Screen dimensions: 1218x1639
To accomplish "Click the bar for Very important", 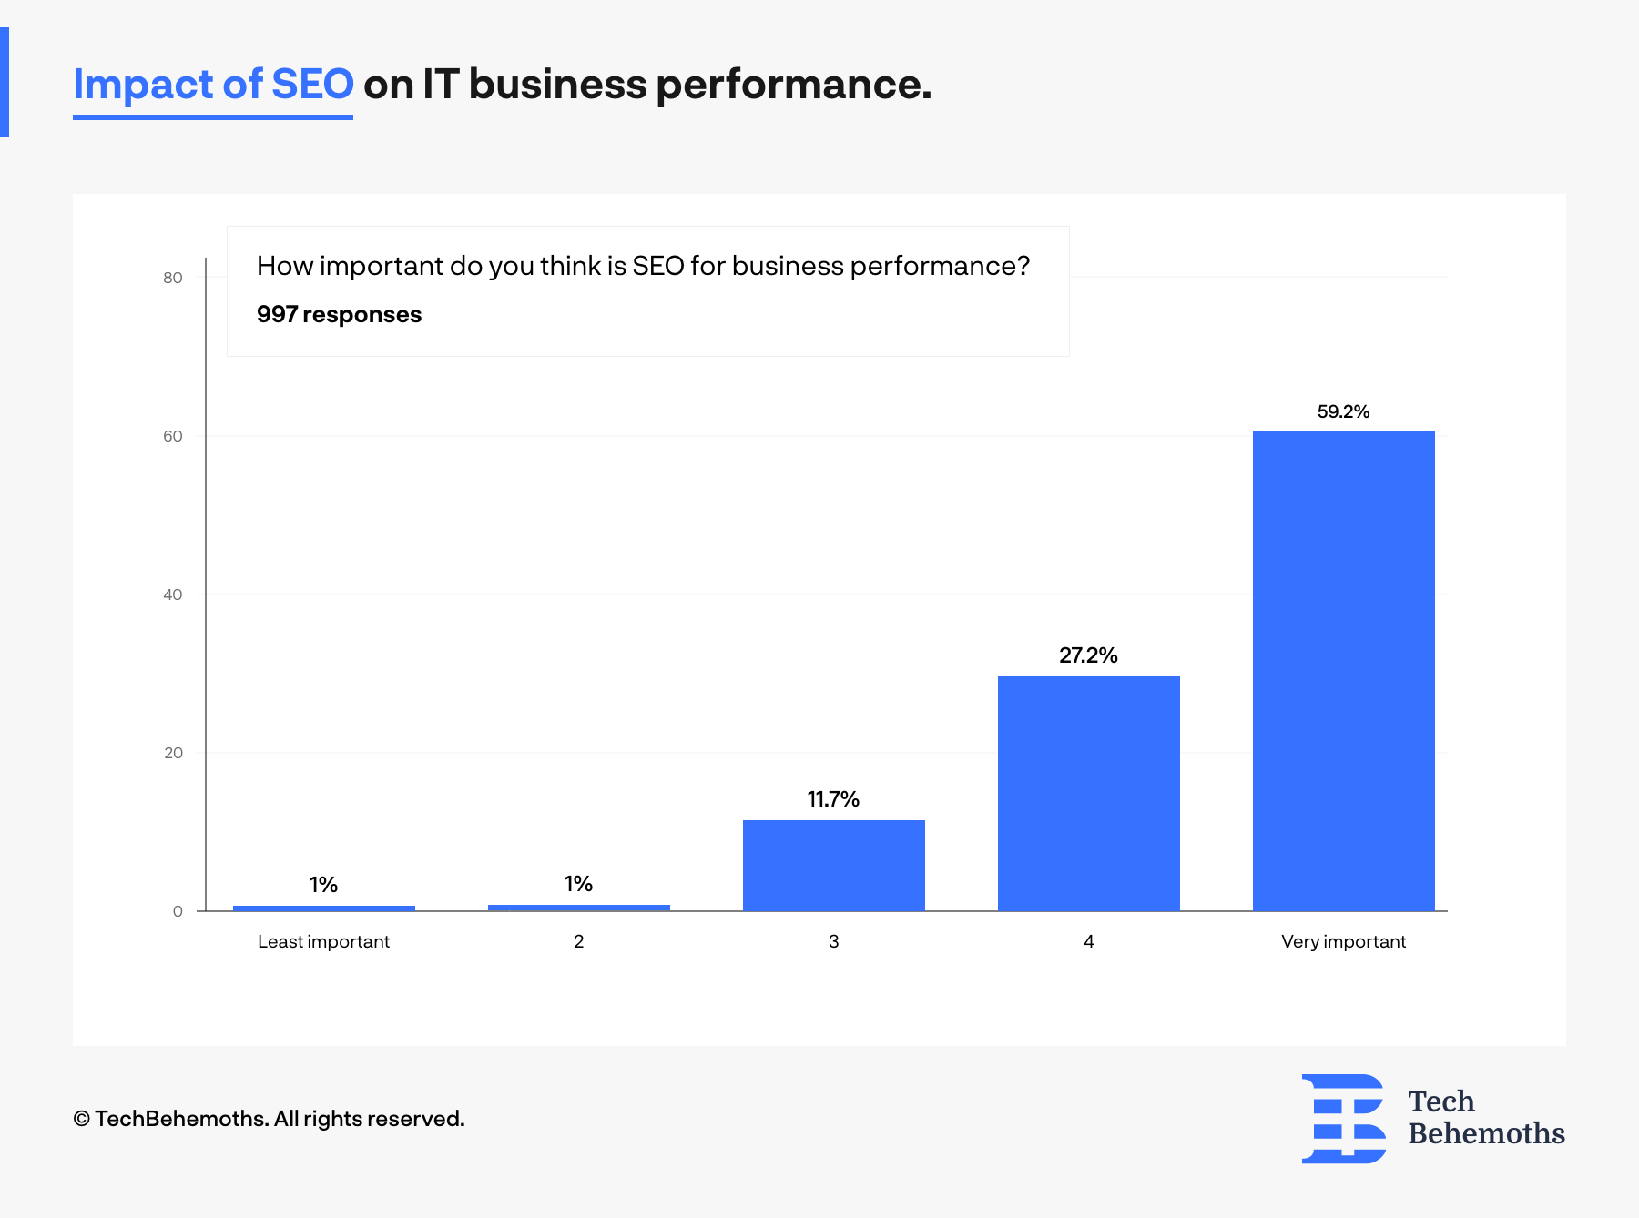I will tap(1343, 670).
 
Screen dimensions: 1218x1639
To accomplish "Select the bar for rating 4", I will tap(1088, 793).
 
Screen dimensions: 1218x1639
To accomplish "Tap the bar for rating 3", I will tap(833, 865).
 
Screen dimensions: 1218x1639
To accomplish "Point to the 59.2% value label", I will tap(1343, 411).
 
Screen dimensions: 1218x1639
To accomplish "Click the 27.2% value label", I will tap(1088, 655).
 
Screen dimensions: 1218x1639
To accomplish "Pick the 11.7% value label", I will tap(833, 799).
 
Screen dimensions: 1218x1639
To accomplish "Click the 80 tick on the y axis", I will tap(173, 278).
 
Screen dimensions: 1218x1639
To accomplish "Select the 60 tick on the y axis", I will tap(173, 436).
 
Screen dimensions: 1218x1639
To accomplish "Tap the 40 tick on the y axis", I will tap(173, 594).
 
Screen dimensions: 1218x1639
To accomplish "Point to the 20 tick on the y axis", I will tap(173, 753).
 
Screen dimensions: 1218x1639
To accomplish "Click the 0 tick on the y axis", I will tap(178, 911).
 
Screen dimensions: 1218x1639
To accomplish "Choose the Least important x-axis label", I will tap(323, 941).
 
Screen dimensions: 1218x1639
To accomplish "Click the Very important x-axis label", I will tap(1343, 941).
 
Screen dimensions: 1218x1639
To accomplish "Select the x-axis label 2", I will tap(578, 941).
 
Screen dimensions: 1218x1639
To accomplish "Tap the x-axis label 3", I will tap(833, 941).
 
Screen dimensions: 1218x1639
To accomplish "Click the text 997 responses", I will tap(339, 315).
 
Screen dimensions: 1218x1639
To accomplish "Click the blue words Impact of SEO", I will tap(213, 85).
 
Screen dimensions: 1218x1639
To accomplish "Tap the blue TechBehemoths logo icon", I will tap(1343, 1119).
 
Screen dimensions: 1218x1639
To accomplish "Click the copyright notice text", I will tap(269, 1119).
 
